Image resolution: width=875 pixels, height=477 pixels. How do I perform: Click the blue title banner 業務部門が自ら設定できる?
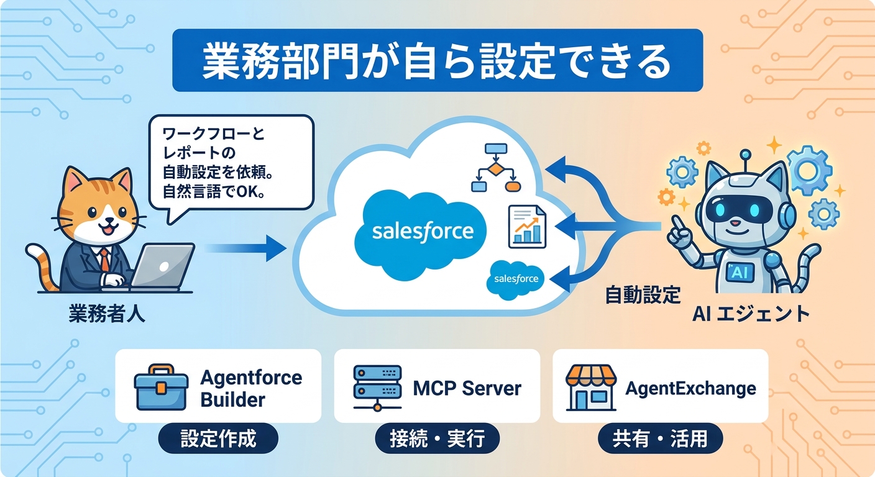(x=437, y=60)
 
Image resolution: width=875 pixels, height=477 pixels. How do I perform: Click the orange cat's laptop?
(x=163, y=266)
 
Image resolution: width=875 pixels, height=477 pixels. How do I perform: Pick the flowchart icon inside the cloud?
(x=495, y=168)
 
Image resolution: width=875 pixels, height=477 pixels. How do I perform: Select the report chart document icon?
(x=526, y=225)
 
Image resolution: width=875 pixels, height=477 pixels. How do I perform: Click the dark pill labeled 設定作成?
(x=218, y=439)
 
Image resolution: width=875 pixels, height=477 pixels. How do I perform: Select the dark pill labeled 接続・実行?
(x=437, y=439)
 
